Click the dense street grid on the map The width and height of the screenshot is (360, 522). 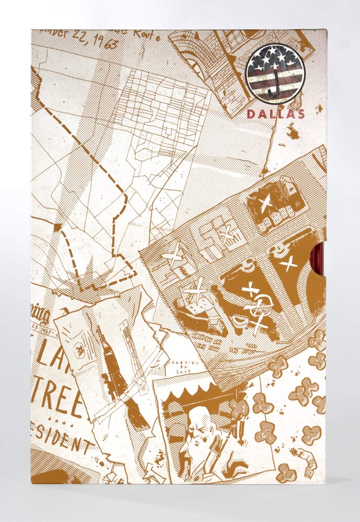(x=157, y=104)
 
